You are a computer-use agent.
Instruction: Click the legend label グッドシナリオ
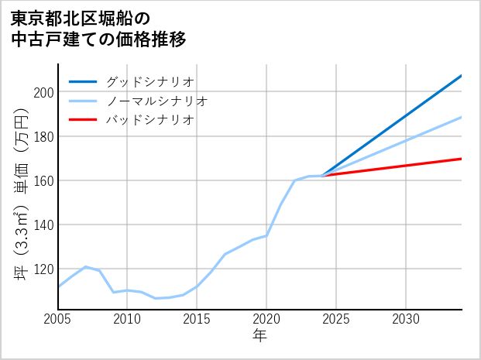pos(149,81)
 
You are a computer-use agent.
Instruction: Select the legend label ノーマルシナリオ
pos(156,101)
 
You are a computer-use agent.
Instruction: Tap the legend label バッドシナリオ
pos(149,120)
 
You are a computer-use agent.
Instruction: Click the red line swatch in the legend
pos(84,120)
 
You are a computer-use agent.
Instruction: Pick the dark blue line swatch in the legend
pos(84,81)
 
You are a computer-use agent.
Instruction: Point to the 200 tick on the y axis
pos(43,92)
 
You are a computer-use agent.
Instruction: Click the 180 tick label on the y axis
pos(43,136)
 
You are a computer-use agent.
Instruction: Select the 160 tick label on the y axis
pos(43,180)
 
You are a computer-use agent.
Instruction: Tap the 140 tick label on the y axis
pos(43,225)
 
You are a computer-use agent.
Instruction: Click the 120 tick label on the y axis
pos(43,269)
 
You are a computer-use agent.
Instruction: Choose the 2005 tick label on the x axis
pos(58,320)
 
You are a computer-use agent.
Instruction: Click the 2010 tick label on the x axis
pos(128,320)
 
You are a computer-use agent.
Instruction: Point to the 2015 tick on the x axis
pos(197,320)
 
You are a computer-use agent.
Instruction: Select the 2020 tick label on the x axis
pos(266,320)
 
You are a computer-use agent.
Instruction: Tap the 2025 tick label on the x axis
pos(336,320)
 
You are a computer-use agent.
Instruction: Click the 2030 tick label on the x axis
pos(406,320)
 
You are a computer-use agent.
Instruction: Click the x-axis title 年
pos(260,337)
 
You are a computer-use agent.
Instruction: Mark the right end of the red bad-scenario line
pos(461,159)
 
